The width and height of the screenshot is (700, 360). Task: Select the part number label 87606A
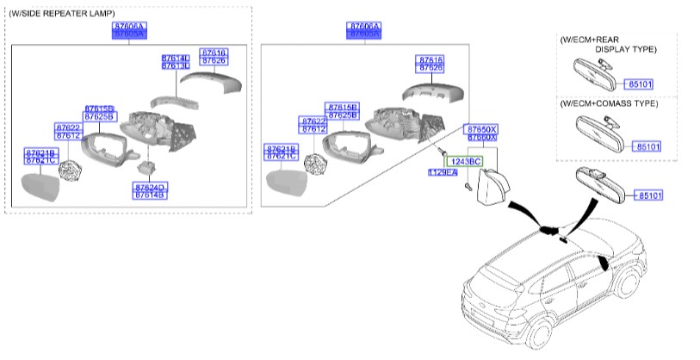(x=366, y=28)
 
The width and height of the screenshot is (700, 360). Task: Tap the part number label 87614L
(x=175, y=58)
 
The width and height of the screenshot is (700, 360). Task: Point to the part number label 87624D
(x=149, y=186)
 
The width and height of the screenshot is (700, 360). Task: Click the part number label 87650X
(x=482, y=128)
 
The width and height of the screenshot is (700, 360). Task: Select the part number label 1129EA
(x=443, y=173)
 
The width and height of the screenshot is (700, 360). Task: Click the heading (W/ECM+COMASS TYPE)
(x=608, y=103)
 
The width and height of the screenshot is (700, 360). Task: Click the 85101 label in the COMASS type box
(x=648, y=146)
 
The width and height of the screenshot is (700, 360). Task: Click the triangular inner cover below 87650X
(x=490, y=185)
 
